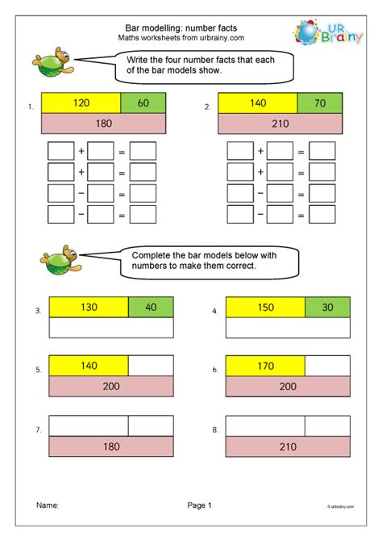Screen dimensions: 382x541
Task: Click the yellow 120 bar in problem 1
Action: tap(81, 103)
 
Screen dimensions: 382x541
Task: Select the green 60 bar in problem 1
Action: tap(143, 103)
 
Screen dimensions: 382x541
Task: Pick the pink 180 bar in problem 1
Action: tap(103, 124)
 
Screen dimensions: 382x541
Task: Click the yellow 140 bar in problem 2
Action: tap(258, 103)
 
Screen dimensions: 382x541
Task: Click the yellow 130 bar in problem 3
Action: tap(89, 307)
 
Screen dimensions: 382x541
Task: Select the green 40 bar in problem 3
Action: tap(151, 307)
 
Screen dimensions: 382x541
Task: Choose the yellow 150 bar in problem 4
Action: tap(265, 307)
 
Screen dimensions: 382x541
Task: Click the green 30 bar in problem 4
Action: tap(328, 307)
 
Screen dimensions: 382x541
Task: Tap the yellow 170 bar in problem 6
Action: tap(265, 366)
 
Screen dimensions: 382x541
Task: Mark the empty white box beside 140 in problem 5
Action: tap(151, 366)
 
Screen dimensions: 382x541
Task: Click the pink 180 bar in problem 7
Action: tap(111, 446)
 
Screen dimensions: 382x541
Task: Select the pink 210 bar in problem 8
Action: tap(289, 446)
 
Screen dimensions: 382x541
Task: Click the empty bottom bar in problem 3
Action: tap(111, 327)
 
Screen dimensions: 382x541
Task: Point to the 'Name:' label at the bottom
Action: tap(47, 505)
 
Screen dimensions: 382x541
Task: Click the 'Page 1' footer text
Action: tap(198, 505)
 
